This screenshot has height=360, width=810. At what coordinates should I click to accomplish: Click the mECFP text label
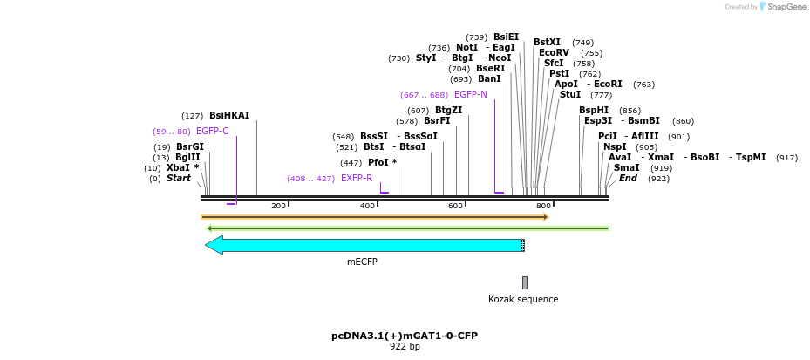coord(361,261)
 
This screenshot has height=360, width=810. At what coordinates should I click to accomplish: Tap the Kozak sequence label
coord(523,299)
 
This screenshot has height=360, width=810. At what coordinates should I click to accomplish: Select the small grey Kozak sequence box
coord(525,282)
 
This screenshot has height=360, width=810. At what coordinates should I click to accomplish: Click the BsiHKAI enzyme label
coord(229,115)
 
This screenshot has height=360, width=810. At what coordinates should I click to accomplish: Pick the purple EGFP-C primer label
coord(212,132)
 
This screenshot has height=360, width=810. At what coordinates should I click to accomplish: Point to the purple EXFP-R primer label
coord(357,179)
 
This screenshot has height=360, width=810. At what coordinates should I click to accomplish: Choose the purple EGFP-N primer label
coord(471,94)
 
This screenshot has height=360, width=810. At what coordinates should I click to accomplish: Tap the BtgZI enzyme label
coord(448,110)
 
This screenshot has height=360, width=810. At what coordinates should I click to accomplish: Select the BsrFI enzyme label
coord(437,121)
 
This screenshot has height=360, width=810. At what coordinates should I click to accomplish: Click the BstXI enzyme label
coord(548,42)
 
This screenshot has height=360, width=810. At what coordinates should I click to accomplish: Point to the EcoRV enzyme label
coord(554,52)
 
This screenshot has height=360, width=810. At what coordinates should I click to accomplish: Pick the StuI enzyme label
coord(570,94)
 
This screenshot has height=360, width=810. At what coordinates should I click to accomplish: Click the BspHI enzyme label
coord(594,110)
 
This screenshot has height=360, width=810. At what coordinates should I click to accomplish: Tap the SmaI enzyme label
coord(626,167)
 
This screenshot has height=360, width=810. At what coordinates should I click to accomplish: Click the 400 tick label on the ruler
coord(368,206)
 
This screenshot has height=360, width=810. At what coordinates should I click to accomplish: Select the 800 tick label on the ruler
coord(544,206)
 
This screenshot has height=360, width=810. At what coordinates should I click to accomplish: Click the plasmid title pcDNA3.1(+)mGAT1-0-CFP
coord(405,336)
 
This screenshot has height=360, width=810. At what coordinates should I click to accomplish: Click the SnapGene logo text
coord(785,7)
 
